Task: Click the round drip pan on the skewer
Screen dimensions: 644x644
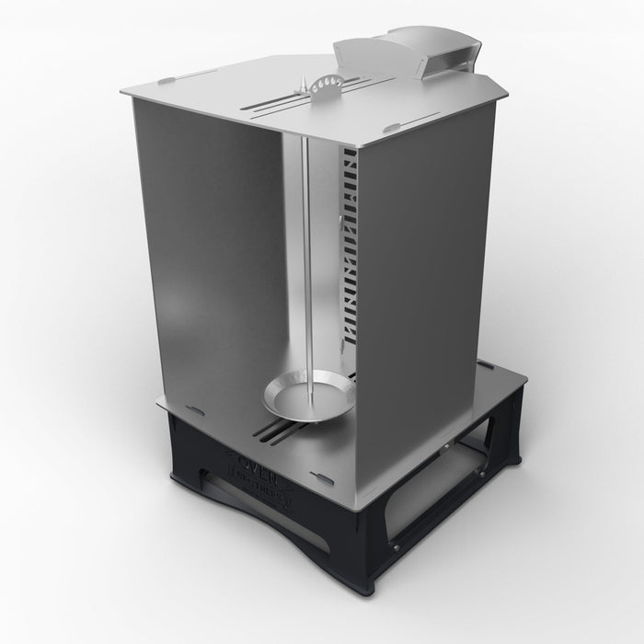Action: (x=308, y=394)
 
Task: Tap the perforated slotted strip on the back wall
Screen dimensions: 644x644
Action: (x=348, y=248)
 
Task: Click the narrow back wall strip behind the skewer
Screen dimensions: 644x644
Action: (x=322, y=258)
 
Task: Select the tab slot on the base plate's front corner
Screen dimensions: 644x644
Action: (x=322, y=477)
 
